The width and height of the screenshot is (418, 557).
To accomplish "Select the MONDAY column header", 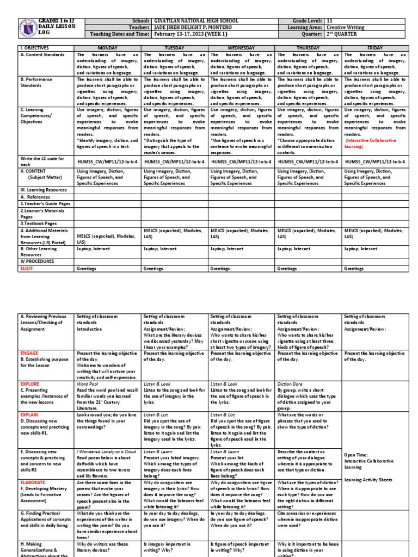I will [x=107, y=48].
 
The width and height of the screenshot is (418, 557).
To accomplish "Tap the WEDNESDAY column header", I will [x=241, y=48].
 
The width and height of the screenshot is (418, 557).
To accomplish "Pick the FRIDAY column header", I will [x=375, y=48].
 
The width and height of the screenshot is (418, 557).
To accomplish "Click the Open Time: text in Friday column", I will [x=357, y=454].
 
